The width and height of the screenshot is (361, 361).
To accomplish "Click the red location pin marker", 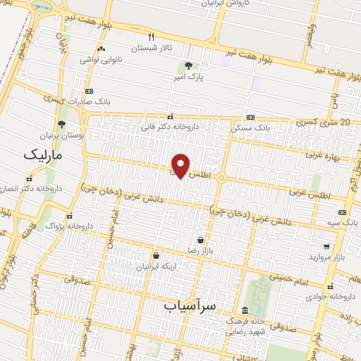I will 181,166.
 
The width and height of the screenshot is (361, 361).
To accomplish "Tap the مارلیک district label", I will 42,154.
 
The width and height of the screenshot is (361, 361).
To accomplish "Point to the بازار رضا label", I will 200,250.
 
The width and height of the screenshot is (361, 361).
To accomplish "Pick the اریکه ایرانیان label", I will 153,266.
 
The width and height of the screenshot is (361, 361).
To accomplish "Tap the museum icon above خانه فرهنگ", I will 245,311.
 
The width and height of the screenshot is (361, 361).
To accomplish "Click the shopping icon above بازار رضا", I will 200,240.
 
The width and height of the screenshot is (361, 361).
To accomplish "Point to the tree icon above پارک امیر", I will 186,66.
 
